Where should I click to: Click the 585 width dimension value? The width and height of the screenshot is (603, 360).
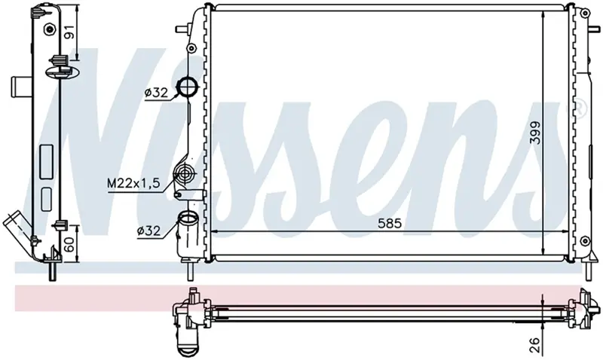click(x=389, y=223)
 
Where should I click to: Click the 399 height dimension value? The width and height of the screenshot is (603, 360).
click(x=535, y=133)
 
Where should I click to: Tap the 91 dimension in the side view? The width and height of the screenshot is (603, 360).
click(x=69, y=32)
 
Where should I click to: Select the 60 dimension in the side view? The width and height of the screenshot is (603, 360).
click(x=69, y=244)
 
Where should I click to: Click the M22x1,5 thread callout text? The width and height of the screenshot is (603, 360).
click(x=133, y=183)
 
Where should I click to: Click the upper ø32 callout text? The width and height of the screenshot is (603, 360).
click(x=157, y=93)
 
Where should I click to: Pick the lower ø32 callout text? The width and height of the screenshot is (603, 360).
click(x=148, y=230)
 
